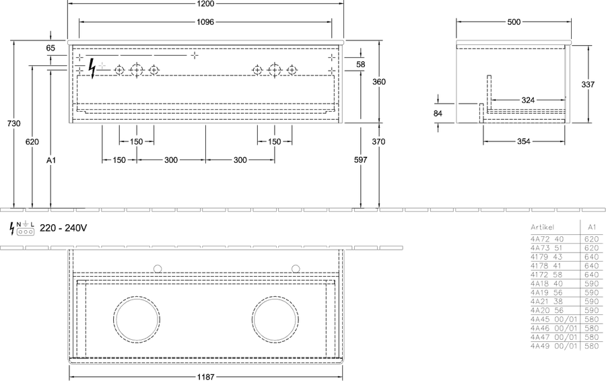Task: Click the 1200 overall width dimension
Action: pyautogui.click(x=205, y=3)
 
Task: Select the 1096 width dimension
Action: pyautogui.click(x=205, y=22)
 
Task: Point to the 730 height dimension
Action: pyautogui.click(x=14, y=123)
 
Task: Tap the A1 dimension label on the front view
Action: pyautogui.click(x=51, y=160)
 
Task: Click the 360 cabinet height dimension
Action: pyautogui.click(x=378, y=81)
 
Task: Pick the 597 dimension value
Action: pyautogui.click(x=361, y=160)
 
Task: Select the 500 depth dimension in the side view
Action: pyautogui.click(x=514, y=22)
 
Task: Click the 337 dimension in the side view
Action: pyautogui.click(x=588, y=84)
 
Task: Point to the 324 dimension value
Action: pyautogui.click(x=528, y=100)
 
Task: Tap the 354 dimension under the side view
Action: pyautogui.click(x=524, y=141)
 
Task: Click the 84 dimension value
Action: pyautogui.click(x=438, y=114)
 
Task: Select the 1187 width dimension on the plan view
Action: pyautogui.click(x=205, y=377)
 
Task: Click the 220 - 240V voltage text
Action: pyautogui.click(x=63, y=228)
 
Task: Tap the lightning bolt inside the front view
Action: pyautogui.click(x=92, y=69)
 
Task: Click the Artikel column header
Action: pyautogui.click(x=542, y=228)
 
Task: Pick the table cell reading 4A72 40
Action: pyautogui.click(x=547, y=239)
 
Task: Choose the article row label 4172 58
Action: pyautogui.click(x=547, y=275)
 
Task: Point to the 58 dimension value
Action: pyautogui.click(x=361, y=64)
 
